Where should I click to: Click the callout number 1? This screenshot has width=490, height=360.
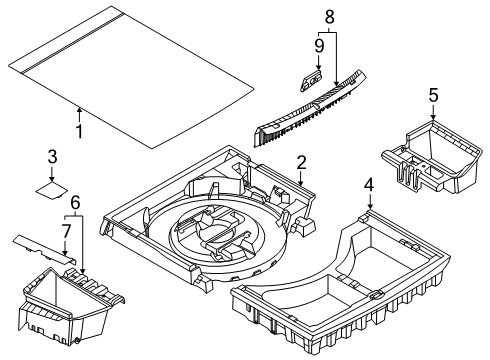pyautogui.click(x=80, y=131)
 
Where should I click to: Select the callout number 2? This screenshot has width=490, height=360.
pyautogui.click(x=300, y=163)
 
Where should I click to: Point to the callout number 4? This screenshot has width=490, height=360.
pyautogui.click(x=368, y=185)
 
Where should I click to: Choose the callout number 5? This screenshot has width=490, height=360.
pyautogui.click(x=432, y=96)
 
